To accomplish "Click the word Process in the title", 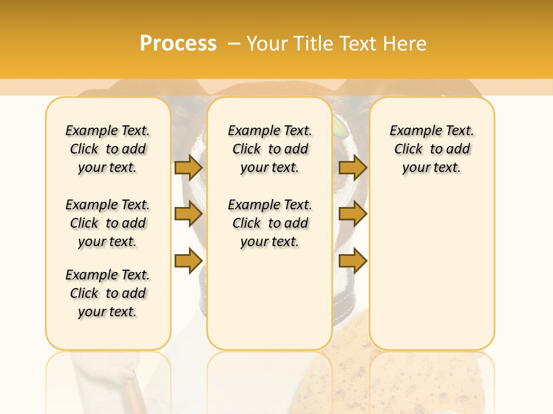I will [x=178, y=43].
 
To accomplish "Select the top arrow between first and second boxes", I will [x=188, y=167].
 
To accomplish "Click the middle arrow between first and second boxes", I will [x=188, y=214].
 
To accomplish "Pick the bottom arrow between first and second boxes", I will [x=188, y=261].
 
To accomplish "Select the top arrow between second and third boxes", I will [x=353, y=167].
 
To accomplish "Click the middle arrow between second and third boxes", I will [x=353, y=214].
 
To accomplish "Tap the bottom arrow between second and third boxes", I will [x=353, y=261].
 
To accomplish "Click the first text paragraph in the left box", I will [x=108, y=149].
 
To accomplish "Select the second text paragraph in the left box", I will [x=108, y=223].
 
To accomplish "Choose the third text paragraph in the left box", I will [x=108, y=293].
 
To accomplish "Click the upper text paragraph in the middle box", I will [x=270, y=149].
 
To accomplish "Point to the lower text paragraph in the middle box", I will [x=270, y=223].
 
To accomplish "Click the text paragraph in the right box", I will [x=431, y=149].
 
